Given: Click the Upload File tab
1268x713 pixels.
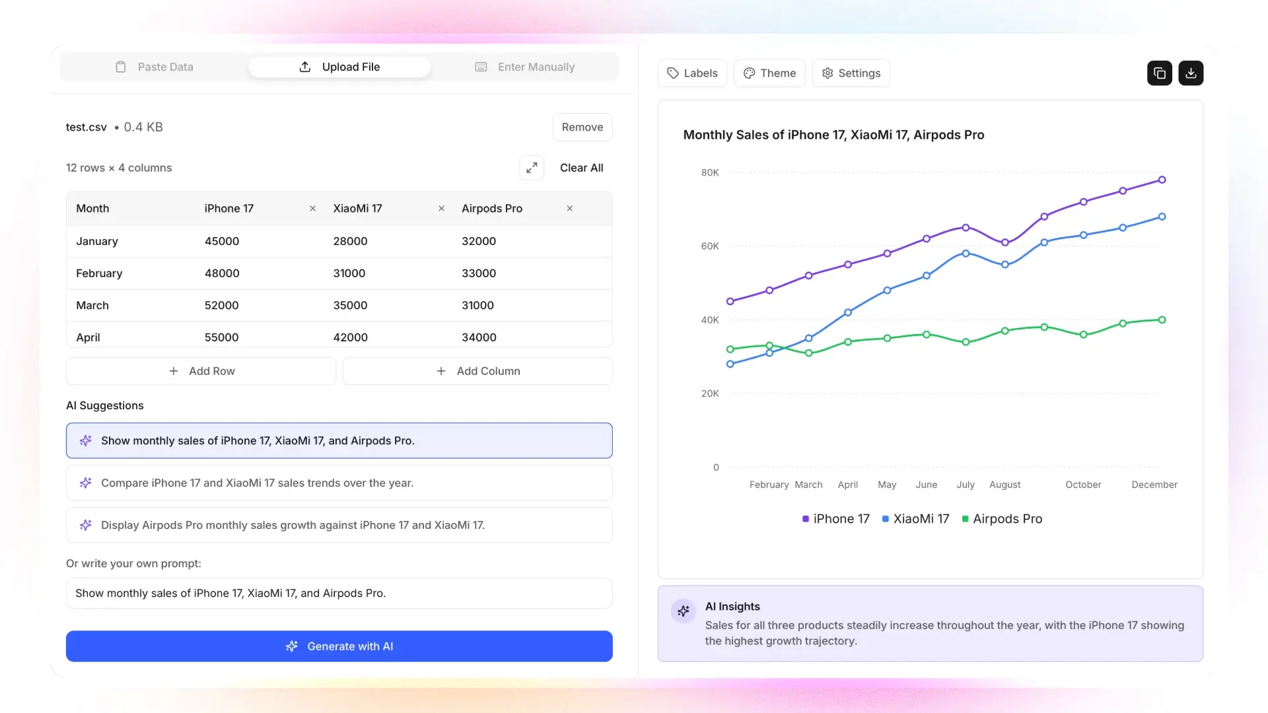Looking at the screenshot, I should [x=339, y=67].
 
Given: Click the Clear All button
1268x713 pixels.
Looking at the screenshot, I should [x=581, y=168].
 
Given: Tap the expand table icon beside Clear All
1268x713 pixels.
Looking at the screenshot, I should [x=532, y=168].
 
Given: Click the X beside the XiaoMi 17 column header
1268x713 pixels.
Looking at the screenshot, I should [x=441, y=209].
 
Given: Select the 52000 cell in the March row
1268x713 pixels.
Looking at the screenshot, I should [x=221, y=305].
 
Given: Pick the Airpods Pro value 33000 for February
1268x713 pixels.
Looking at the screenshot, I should [x=478, y=273].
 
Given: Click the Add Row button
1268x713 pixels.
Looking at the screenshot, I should [x=201, y=371].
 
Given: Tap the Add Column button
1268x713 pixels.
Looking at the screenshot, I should [x=477, y=371].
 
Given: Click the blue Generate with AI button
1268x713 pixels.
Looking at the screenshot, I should [x=339, y=646].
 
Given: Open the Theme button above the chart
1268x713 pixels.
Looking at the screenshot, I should [x=769, y=73].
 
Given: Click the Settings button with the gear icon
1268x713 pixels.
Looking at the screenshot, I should [x=851, y=73].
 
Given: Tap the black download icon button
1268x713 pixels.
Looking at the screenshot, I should [x=1191, y=73].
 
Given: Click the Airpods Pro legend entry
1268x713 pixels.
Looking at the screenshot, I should [x=1002, y=519].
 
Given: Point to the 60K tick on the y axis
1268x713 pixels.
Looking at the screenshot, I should [x=710, y=246].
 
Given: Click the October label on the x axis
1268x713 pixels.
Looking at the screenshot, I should [x=1083, y=485].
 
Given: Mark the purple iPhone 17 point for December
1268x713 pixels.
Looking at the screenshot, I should [x=1162, y=180].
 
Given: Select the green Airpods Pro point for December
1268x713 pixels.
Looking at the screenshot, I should [x=1162, y=320].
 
